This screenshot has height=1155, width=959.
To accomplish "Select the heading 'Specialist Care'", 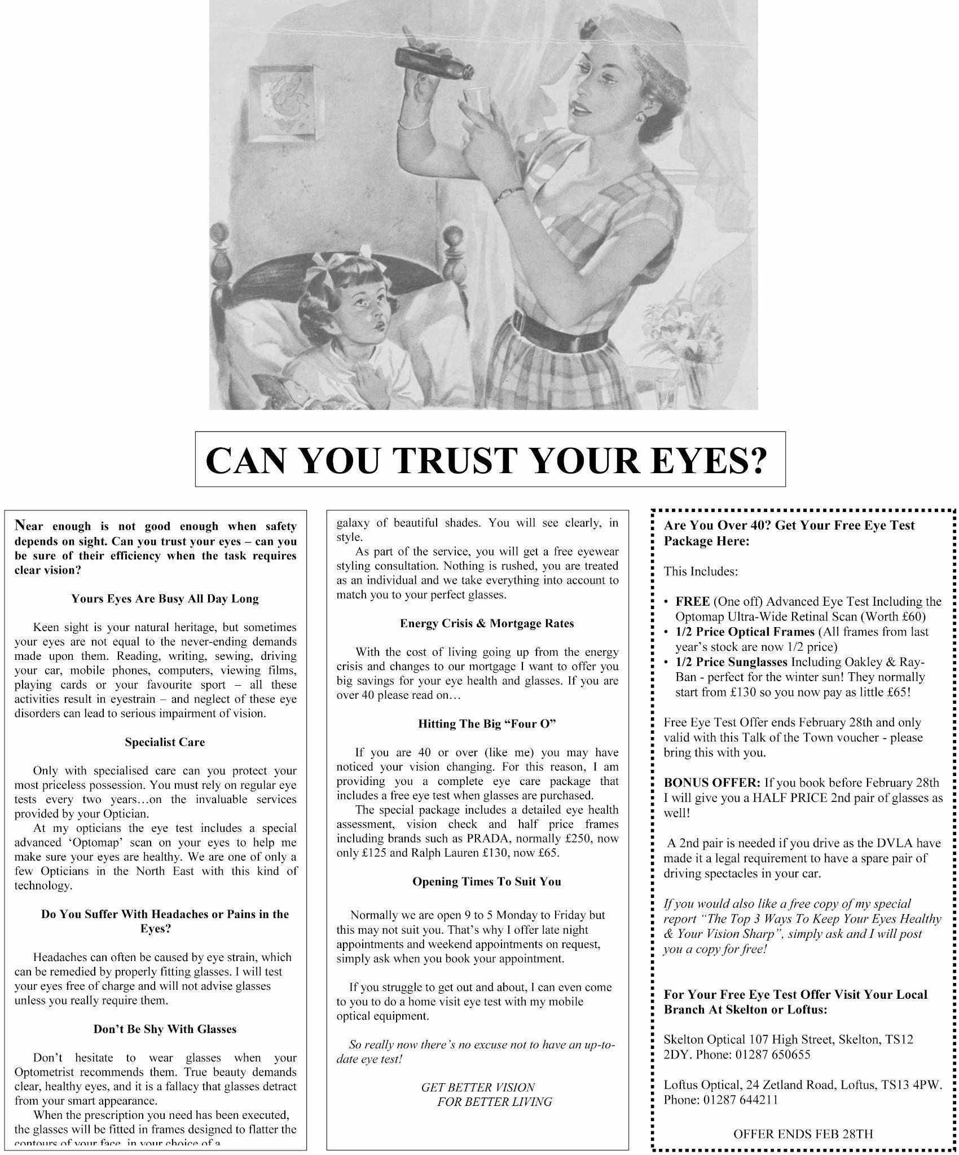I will [165, 742].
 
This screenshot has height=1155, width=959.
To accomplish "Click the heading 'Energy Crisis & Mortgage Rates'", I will [486, 623].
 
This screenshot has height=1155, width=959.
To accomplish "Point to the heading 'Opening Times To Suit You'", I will [486, 881].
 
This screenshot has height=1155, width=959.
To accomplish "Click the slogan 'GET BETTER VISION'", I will [478, 1087].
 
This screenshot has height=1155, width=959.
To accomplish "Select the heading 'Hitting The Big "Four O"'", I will [486, 724].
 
